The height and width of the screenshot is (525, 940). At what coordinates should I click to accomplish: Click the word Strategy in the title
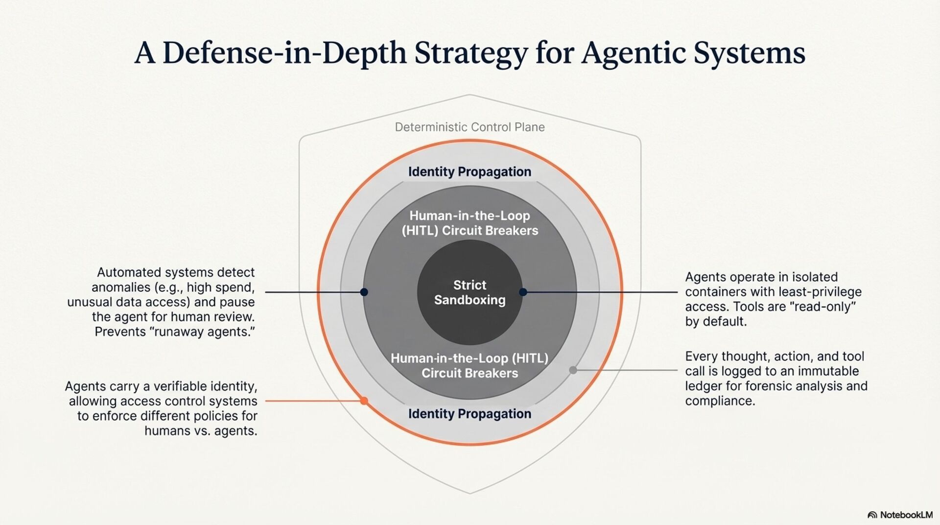pyautogui.click(x=471, y=53)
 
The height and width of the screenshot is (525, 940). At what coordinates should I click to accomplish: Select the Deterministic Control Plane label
pyautogui.click(x=470, y=127)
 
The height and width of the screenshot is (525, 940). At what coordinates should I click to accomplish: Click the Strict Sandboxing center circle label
pyautogui.click(x=470, y=292)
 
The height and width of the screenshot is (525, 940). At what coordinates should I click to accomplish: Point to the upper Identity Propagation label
pyautogui.click(x=470, y=172)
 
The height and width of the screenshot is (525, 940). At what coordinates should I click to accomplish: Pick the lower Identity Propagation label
pyautogui.click(x=470, y=414)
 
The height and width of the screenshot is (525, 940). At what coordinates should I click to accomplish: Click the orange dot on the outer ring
pyautogui.click(x=364, y=401)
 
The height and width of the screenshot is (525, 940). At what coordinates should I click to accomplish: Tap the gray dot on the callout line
pyautogui.click(x=573, y=370)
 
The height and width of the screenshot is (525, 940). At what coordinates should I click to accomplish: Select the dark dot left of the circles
pyautogui.click(x=364, y=292)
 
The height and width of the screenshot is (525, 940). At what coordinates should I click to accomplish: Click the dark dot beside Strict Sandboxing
pyautogui.click(x=523, y=292)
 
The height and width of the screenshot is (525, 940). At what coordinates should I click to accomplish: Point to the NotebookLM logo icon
pyautogui.click(x=872, y=515)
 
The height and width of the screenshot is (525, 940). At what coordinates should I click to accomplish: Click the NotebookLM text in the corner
pyautogui.click(x=906, y=515)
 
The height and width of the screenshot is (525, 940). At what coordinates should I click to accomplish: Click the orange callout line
pyautogui.click(x=313, y=401)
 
